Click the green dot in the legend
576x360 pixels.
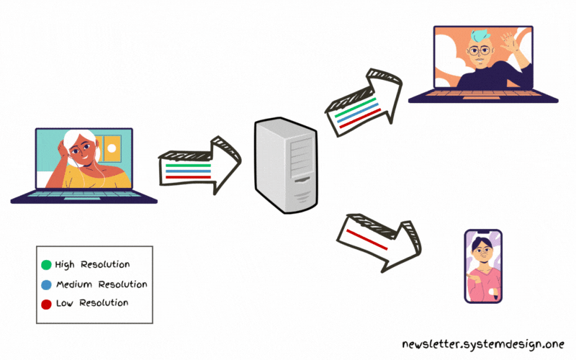pos(47,265)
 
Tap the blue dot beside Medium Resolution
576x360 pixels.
pos(47,284)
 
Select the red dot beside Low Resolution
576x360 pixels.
pos(47,303)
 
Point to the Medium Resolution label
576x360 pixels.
pos(101,284)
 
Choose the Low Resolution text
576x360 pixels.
pos(92,303)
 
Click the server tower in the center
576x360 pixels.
pos(286,166)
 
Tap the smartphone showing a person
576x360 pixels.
pos(483,266)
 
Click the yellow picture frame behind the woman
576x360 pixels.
pos(110,148)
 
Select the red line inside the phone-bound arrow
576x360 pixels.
pos(367,238)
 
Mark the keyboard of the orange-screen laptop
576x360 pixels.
pos(482,95)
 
